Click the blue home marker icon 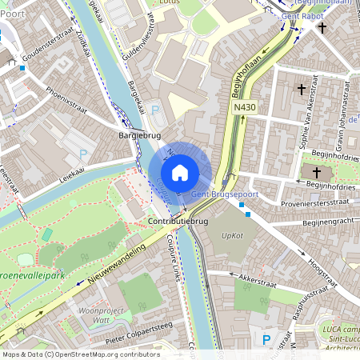point(180,173)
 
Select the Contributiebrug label point(178,220)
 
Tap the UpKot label point(232,236)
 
